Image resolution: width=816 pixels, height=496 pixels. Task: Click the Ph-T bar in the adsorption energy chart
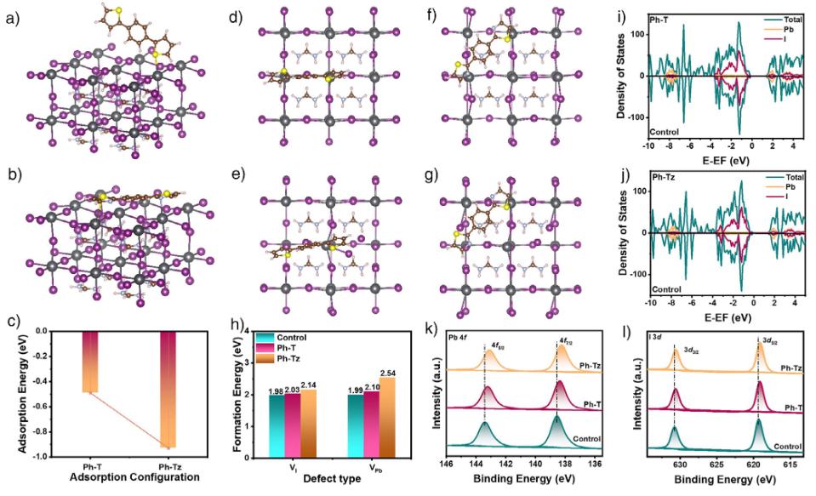pyautogui.click(x=90, y=362)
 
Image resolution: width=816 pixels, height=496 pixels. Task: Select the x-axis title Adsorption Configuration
pyautogui.click(x=133, y=478)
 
